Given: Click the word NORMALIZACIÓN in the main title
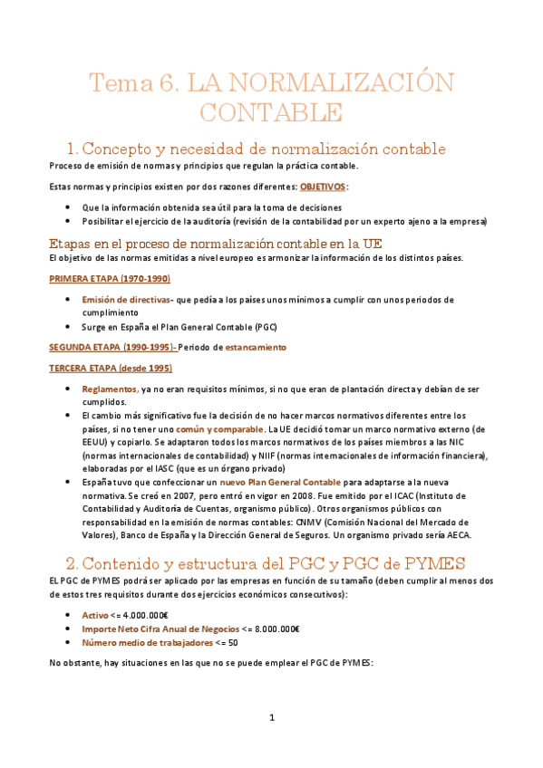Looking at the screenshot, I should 320,83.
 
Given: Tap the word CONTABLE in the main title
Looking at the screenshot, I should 271,113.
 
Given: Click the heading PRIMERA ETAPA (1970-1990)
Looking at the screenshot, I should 110,278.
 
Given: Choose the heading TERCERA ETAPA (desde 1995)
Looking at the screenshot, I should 110,369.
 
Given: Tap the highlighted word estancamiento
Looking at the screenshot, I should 256,347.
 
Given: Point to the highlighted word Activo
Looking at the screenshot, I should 95,590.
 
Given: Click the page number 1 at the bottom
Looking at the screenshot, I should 271,718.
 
